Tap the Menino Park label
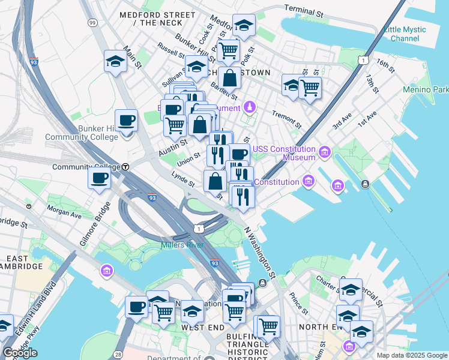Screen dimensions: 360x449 tap(426, 89)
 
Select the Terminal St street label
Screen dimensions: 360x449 tap(307, 9)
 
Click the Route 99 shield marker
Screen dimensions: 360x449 tap(92, 22)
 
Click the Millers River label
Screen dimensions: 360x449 tap(182, 245)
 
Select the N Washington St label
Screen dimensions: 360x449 tap(260, 253)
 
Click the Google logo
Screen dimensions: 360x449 tap(20, 353)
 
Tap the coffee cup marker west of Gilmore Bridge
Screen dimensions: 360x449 tap(99, 178)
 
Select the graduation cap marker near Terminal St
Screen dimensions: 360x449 tap(244, 25)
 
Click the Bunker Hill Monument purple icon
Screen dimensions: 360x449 tap(249, 107)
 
